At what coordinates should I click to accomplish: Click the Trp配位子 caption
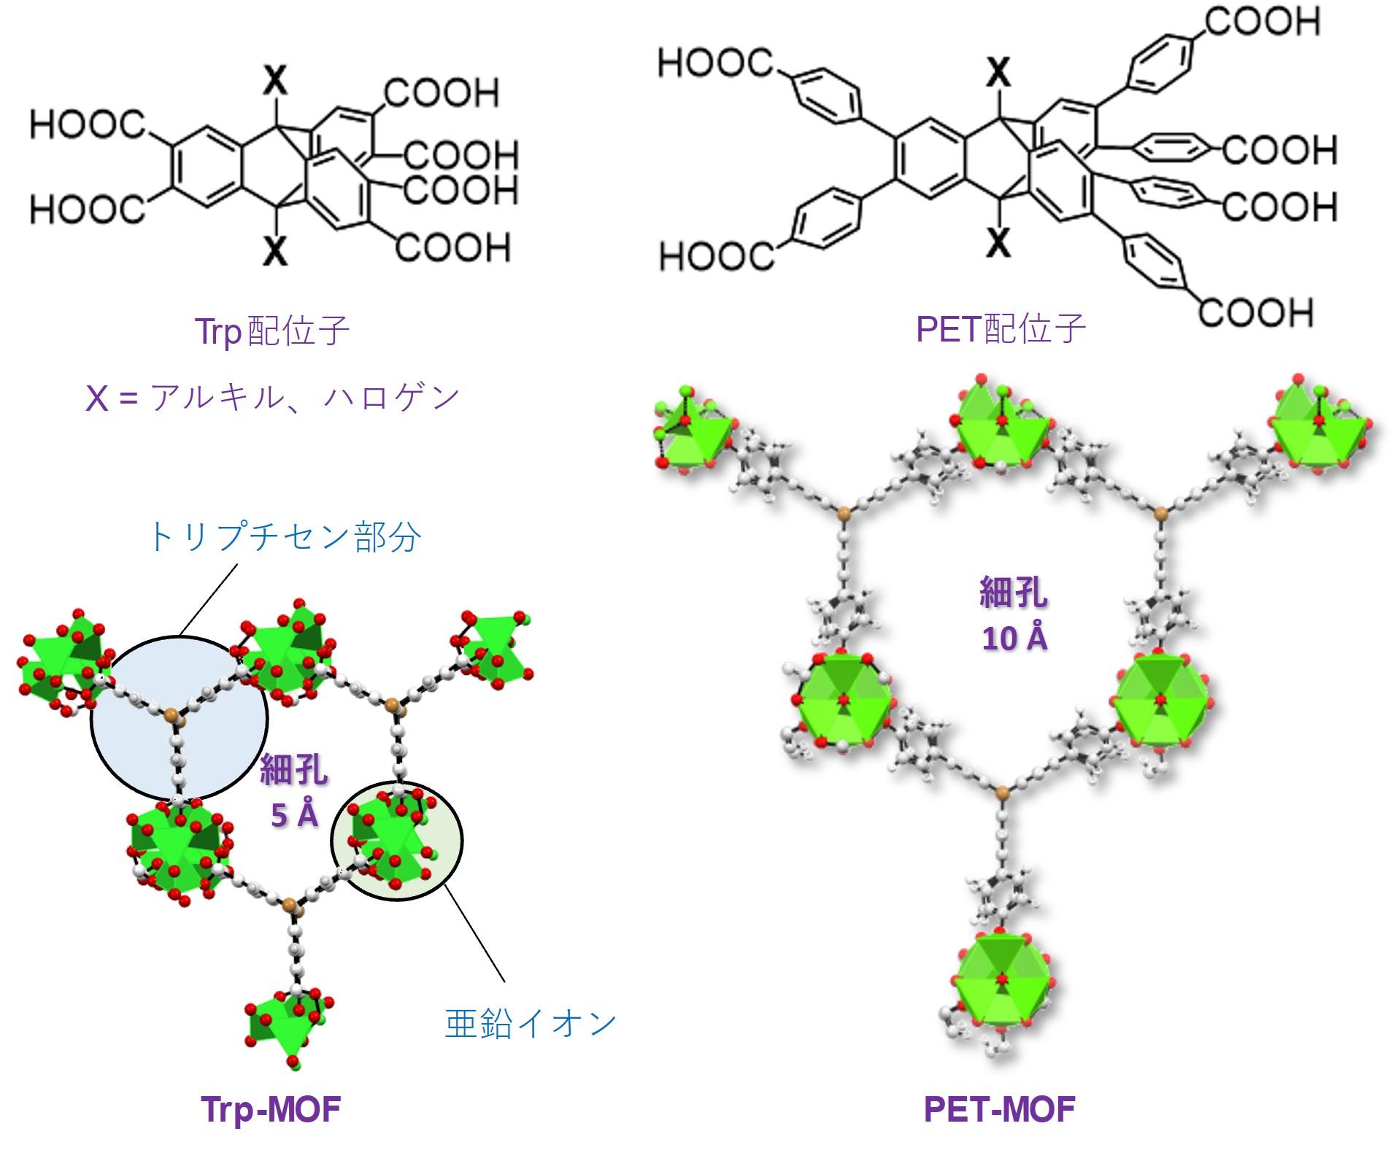click(272, 331)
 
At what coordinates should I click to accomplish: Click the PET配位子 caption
click(1001, 328)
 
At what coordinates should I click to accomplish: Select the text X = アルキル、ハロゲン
click(272, 398)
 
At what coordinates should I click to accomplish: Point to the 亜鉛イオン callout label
click(531, 1023)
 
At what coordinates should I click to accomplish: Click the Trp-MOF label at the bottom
click(271, 1110)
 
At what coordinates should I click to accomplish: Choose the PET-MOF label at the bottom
click(999, 1110)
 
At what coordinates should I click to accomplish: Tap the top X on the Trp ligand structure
click(274, 82)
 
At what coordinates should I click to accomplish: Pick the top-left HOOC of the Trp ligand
click(88, 125)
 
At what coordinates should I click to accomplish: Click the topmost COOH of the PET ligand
click(1262, 22)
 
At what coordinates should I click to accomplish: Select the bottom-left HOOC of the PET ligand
click(716, 257)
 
